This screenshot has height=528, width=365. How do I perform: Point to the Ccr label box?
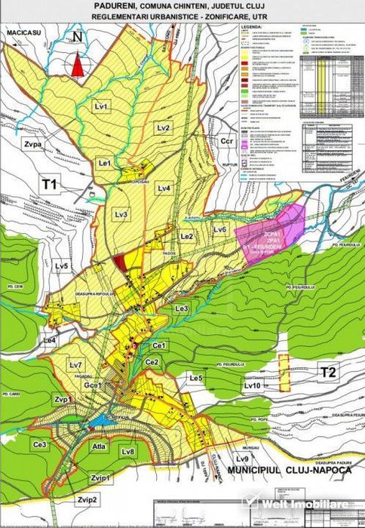[228, 142]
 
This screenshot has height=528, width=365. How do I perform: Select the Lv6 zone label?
[219, 229]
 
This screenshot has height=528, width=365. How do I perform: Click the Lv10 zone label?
[252, 385]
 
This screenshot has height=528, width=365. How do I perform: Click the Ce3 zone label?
[41, 446]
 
